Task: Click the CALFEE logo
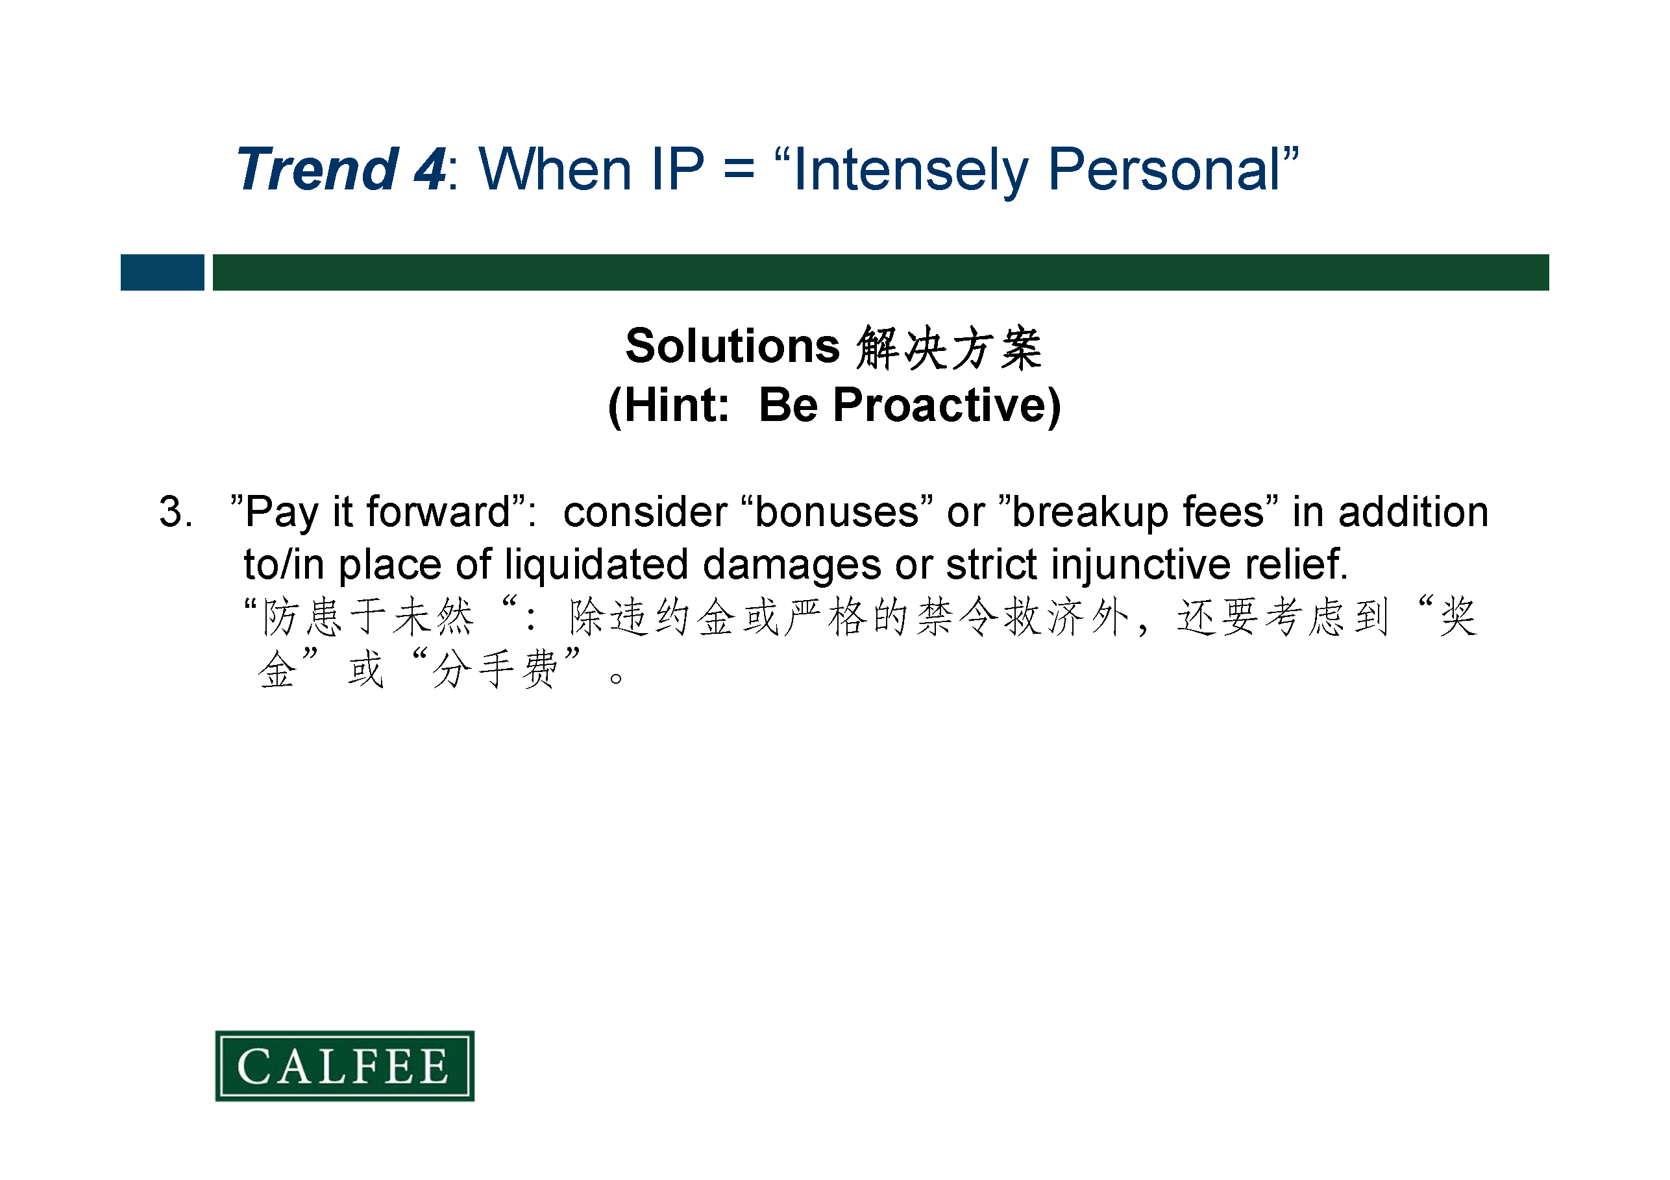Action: click(x=345, y=1066)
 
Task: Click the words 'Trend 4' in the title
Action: click(x=341, y=169)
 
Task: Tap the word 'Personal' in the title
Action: click(x=1164, y=169)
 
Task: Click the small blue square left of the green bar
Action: click(x=162, y=272)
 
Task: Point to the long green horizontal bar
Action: click(x=881, y=272)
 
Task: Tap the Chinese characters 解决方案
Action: click(x=949, y=348)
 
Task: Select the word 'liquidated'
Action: click(x=596, y=564)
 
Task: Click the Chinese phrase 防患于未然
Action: click(x=368, y=616)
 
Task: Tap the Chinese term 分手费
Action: click(x=495, y=669)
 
